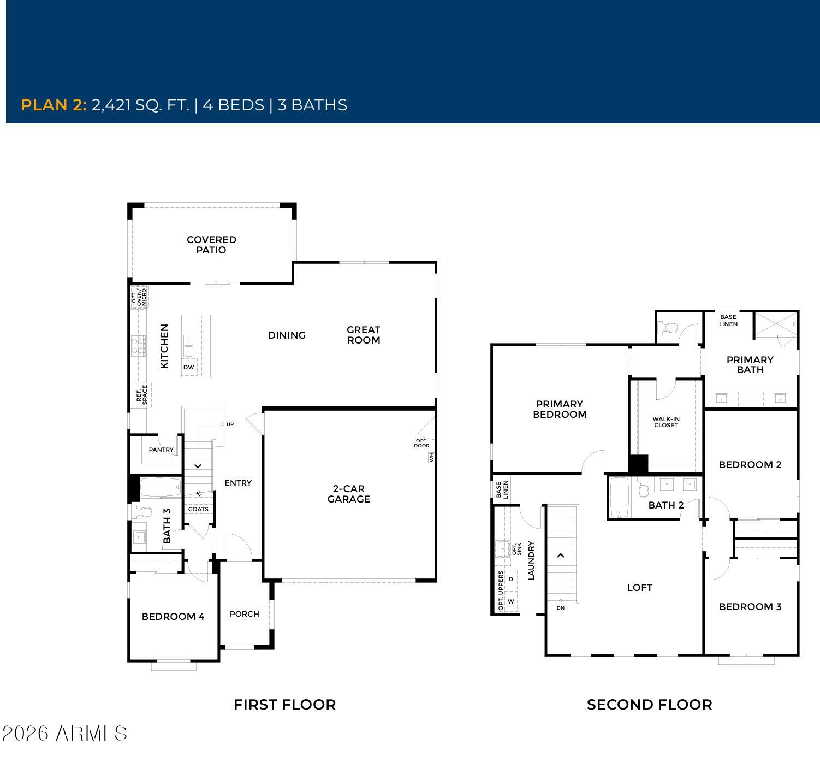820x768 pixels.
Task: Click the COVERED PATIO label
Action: coord(211,245)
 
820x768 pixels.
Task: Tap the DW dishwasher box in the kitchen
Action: coord(189,367)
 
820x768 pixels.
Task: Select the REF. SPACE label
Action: coord(141,395)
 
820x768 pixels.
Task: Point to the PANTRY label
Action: coord(161,450)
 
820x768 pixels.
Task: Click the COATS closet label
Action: coord(198,509)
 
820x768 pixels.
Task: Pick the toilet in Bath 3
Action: coord(142,512)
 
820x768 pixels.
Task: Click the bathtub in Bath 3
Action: coord(161,487)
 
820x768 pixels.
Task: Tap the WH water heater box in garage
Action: coord(431,457)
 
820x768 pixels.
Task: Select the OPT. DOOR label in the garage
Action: coord(421,443)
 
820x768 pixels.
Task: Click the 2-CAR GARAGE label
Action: coord(348,494)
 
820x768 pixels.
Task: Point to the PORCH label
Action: coord(245,614)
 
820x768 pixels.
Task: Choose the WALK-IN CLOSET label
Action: coord(665,422)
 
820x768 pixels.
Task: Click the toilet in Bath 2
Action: coord(644,487)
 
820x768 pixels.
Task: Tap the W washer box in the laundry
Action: coord(511,601)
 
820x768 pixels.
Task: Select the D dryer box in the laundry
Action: coord(511,579)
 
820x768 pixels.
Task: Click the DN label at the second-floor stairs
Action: coord(560,608)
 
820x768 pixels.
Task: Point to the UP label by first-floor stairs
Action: coord(230,424)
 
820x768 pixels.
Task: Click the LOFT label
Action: coord(639,587)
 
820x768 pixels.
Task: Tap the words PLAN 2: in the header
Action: coord(54,105)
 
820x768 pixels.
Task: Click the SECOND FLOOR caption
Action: coord(650,705)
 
